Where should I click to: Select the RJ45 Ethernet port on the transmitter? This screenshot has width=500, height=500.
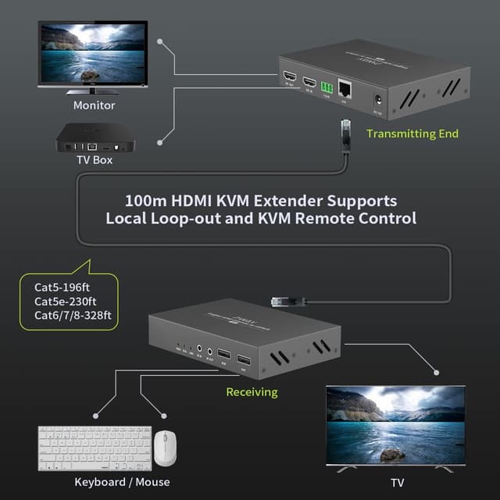click(x=346, y=91)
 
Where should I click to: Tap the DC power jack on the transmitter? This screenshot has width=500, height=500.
click(x=378, y=101)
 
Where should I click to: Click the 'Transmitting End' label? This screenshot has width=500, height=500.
click(x=412, y=134)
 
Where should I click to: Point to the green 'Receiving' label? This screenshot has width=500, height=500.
click(x=252, y=391)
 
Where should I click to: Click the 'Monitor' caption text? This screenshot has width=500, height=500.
click(x=94, y=105)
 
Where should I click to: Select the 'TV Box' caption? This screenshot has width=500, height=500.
click(x=94, y=160)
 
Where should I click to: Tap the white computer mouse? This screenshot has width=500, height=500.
click(x=164, y=448)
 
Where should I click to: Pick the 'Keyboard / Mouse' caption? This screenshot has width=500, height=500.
click(x=122, y=482)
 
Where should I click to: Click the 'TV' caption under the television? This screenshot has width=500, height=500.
click(x=397, y=483)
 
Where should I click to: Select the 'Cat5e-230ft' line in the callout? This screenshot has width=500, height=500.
click(x=65, y=302)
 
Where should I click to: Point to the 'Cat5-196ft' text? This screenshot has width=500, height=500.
click(x=62, y=287)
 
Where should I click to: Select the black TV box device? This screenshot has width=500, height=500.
click(x=95, y=140)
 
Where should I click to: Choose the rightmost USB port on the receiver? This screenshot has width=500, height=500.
click(x=242, y=358)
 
